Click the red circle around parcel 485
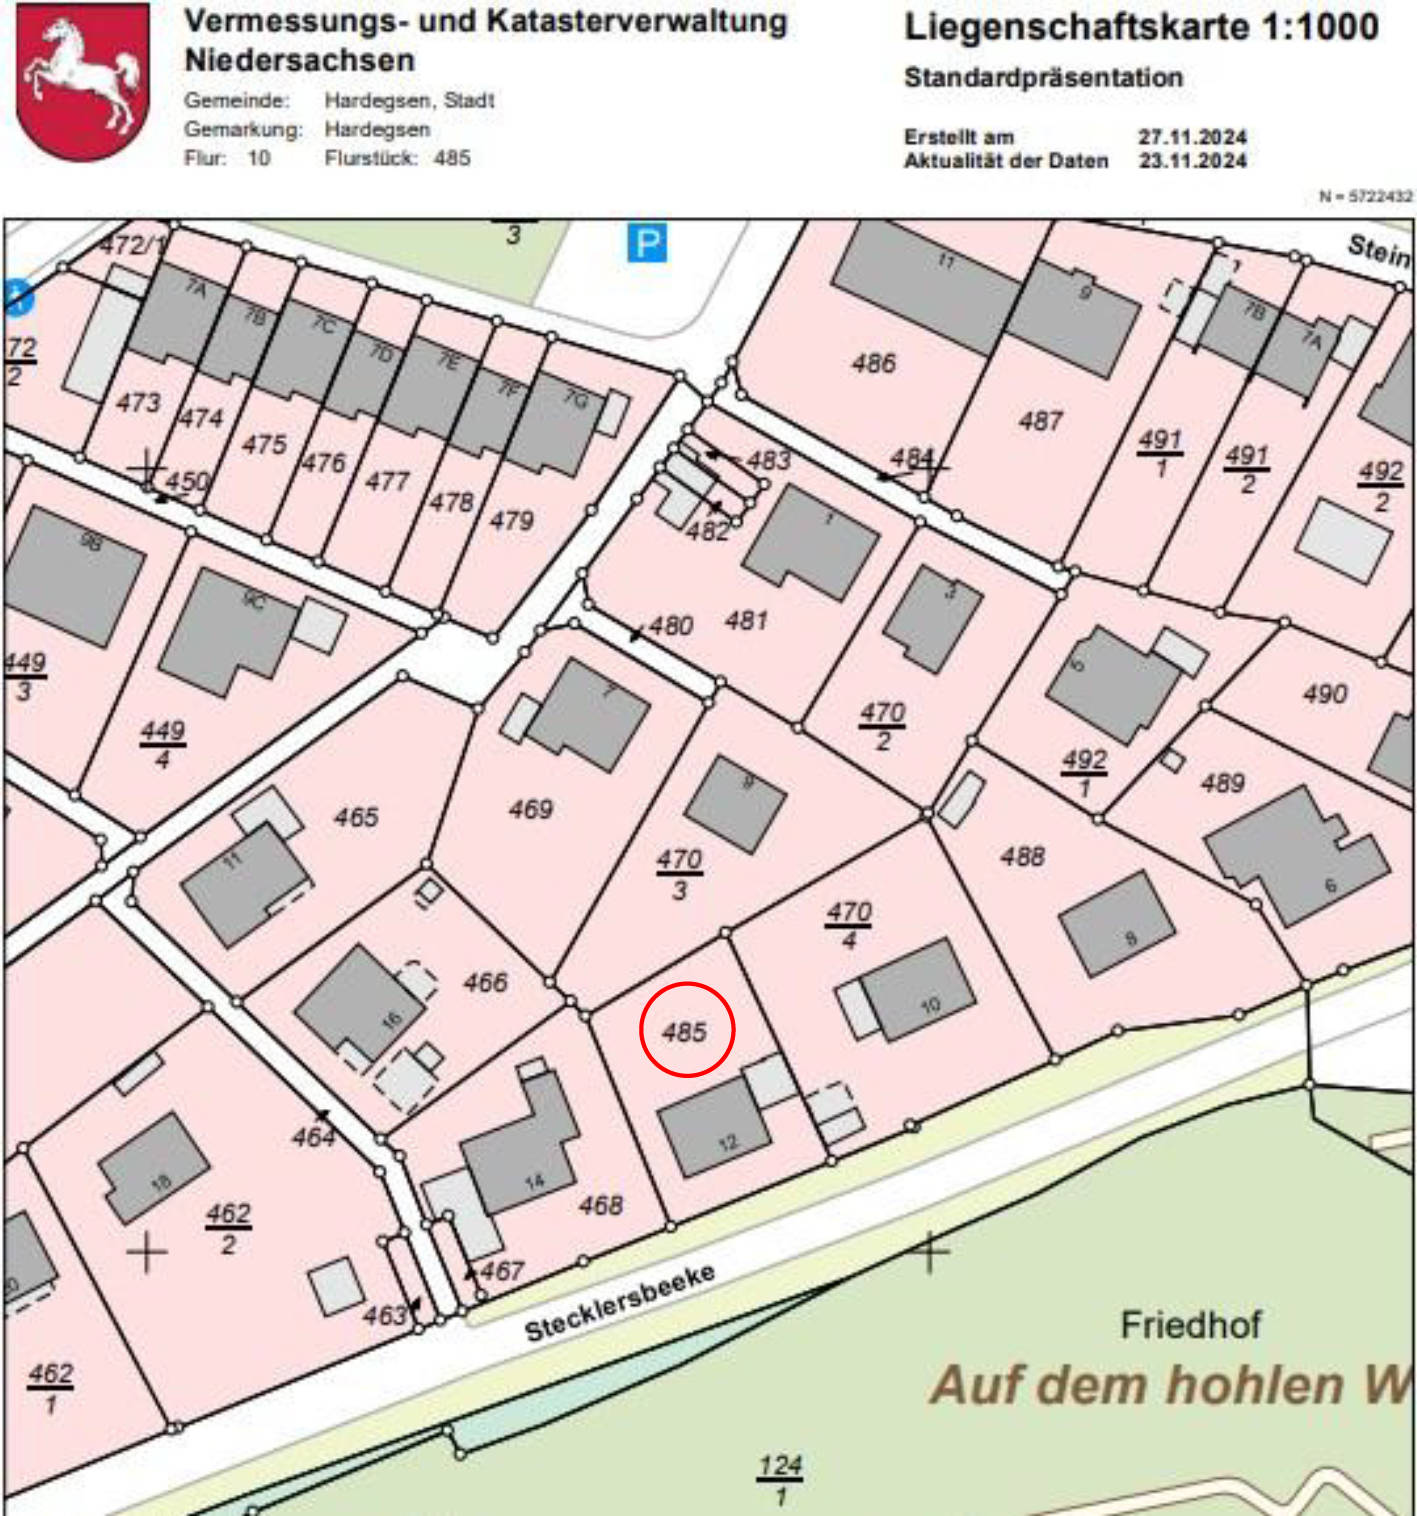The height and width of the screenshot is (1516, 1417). tap(687, 1029)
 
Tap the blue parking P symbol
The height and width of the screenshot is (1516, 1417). tap(647, 243)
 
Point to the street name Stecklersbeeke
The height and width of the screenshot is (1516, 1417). tap(620, 1303)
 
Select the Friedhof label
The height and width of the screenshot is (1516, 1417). tap(1190, 1325)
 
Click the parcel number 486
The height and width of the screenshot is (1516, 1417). tap(873, 363)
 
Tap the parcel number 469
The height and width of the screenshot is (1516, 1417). tap(530, 808)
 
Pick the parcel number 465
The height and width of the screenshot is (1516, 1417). tap(356, 817)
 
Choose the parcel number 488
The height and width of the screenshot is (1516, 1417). tap(1022, 856)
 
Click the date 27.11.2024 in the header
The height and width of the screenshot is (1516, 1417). tap(1192, 137)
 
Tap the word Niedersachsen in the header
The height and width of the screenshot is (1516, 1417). tap(299, 60)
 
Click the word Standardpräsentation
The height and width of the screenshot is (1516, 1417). tap(1043, 78)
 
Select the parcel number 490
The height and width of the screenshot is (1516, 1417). tap(1325, 693)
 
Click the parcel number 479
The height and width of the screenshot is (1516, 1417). tap(511, 520)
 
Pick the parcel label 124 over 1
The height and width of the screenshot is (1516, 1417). tap(779, 1479)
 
